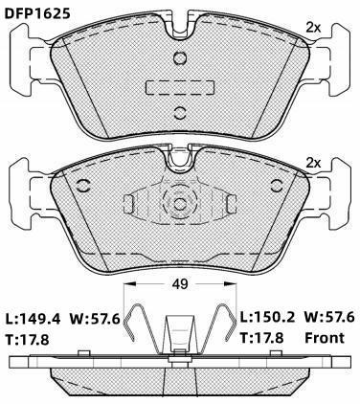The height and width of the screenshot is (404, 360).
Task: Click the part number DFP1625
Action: tap(36, 13)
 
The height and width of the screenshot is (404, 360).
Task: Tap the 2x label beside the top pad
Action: tap(313, 28)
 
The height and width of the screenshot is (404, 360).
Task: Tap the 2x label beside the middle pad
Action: tap(313, 164)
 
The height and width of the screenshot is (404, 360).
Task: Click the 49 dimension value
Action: tap(180, 283)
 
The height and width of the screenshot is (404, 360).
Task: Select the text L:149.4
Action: tap(33, 319)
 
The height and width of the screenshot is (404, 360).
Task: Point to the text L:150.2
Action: tap(267, 317)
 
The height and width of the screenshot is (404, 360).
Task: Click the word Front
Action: tap(325, 338)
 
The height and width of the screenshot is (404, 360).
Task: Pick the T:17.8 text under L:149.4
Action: tap(27, 339)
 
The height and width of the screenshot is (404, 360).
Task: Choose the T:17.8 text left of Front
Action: tap(261, 338)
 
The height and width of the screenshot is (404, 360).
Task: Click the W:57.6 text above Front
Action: tap(329, 317)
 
